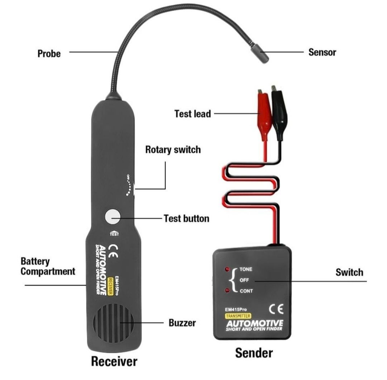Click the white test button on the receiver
click(113, 217)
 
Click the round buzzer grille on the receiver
click(114, 322)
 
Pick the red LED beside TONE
click(227, 269)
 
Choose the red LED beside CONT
click(227, 291)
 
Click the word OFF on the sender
click(244, 280)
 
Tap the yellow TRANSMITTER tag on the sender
click(238, 316)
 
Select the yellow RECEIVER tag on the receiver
click(110, 287)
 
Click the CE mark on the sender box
click(276, 309)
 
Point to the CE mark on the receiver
click(113, 251)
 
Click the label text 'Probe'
click(49, 54)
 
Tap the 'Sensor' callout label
click(322, 52)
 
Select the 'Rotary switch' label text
click(173, 150)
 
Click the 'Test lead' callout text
click(192, 114)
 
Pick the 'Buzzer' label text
click(182, 323)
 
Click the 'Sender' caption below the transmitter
click(254, 353)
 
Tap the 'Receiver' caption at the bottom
click(114, 361)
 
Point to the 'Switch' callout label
click(349, 273)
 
